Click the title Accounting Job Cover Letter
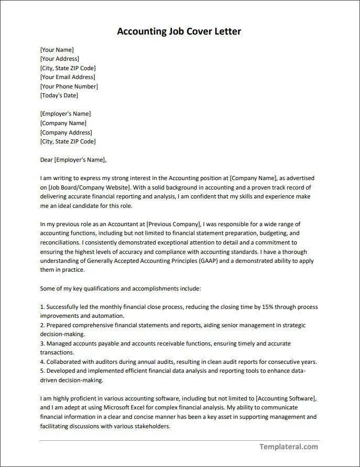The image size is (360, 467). (179, 31)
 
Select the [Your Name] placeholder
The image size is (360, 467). (57, 50)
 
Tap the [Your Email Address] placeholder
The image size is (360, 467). (68, 77)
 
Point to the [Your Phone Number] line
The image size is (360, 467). (69, 86)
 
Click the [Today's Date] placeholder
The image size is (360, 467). (59, 95)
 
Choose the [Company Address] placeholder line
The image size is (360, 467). (66, 132)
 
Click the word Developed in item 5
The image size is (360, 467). (62, 371)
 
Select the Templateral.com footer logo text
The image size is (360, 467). (289, 447)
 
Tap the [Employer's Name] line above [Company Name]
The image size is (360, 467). (65, 114)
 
